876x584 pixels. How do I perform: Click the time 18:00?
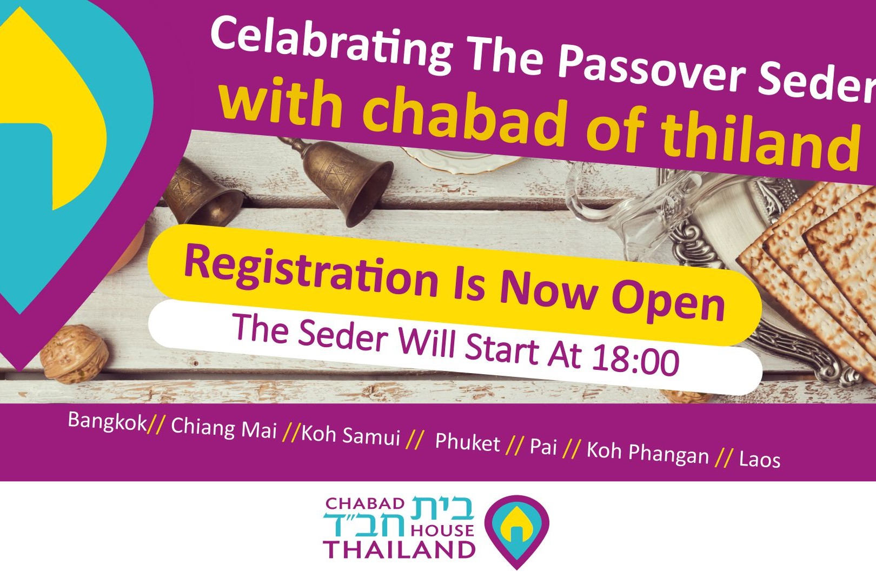635,359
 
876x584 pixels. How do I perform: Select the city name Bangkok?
107,421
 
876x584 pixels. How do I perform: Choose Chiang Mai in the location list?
223,428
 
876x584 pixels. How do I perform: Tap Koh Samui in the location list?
350,436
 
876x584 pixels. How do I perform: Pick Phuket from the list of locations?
467,443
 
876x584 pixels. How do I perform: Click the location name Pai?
543,447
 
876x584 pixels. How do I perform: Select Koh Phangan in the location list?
647,453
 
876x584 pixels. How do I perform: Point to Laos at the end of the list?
759,460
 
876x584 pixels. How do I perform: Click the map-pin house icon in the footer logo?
516,530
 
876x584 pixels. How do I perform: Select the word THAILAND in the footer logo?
399,550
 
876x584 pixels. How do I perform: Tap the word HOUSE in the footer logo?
442,530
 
